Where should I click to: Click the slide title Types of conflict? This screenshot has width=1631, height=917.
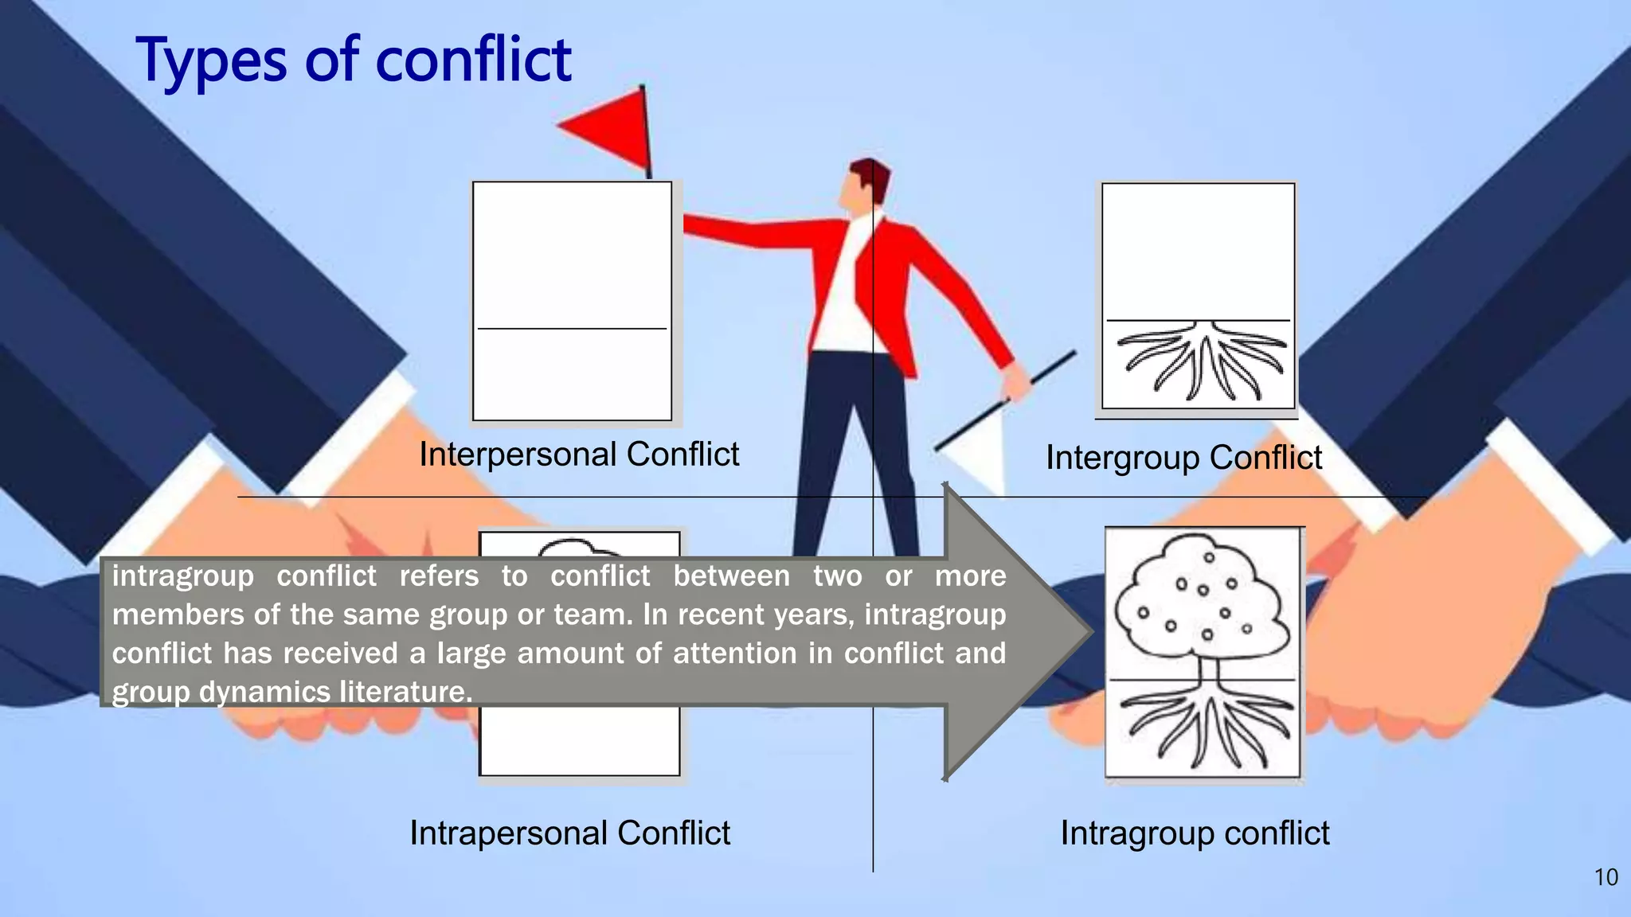[x=354, y=60]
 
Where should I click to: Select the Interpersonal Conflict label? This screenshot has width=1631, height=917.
[x=579, y=455]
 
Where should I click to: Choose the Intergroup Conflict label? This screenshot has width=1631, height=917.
[x=1183, y=458]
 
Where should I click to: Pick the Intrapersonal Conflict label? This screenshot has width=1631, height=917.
[x=569, y=833]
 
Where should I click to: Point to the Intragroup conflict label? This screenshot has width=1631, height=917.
[x=1195, y=833]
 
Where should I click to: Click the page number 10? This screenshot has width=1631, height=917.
[x=1606, y=877]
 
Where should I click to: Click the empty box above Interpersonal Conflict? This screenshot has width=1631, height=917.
[x=572, y=300]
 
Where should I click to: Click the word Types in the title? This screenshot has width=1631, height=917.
[x=211, y=62]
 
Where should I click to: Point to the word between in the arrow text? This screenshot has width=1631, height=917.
[x=731, y=576]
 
